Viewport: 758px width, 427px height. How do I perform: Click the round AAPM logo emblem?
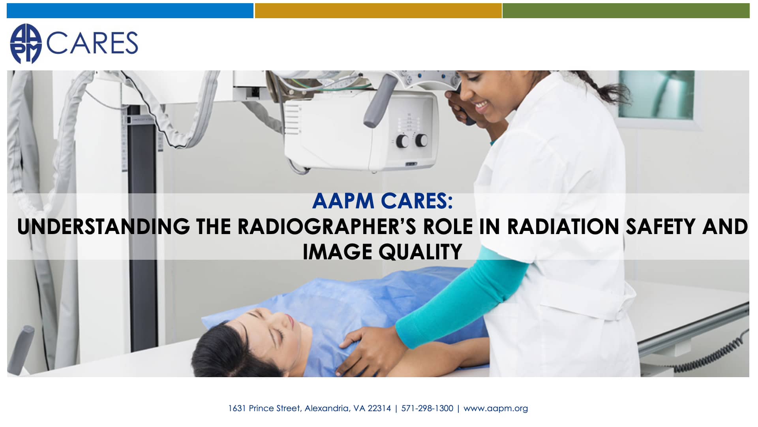pos(26,43)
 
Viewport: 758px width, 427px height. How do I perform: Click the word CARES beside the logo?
pos(92,43)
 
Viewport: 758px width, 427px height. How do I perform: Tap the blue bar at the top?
pos(130,11)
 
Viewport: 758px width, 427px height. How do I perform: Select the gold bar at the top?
pos(378,11)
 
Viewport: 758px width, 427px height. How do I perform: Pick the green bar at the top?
pos(626,11)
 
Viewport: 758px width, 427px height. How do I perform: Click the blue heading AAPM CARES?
pos(382,201)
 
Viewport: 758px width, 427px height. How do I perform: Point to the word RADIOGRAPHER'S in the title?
pos(326,227)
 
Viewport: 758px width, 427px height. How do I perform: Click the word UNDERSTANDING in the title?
pos(103,227)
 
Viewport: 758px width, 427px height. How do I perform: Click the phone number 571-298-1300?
pos(427,408)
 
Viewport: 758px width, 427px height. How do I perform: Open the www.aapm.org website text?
pos(495,408)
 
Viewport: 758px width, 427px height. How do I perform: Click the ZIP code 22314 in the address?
pos(379,408)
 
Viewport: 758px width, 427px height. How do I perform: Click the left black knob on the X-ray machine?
pos(402,141)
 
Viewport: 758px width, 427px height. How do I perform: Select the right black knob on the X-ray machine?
pos(421,140)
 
